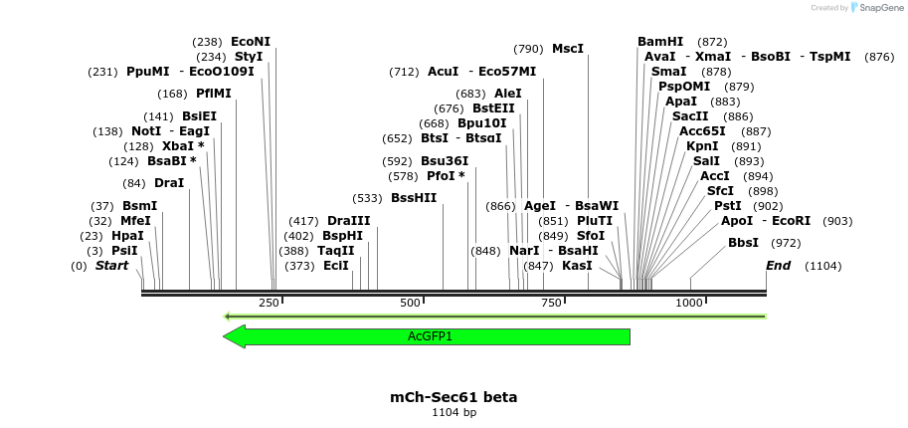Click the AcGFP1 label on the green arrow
point(430,336)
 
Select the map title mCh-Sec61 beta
point(454,396)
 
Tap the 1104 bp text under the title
point(454,412)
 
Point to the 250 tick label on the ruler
point(269,303)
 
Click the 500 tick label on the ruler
point(410,303)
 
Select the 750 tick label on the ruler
point(551,303)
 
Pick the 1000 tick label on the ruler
point(689,303)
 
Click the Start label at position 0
point(111,266)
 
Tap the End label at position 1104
point(778,266)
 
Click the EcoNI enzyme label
point(250,42)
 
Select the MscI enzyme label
point(568,49)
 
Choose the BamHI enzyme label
point(660,42)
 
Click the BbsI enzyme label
point(743,243)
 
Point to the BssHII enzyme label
point(414,198)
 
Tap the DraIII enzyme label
point(348,221)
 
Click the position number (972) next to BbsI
point(786,243)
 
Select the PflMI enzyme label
point(213,94)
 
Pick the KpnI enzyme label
point(702,146)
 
